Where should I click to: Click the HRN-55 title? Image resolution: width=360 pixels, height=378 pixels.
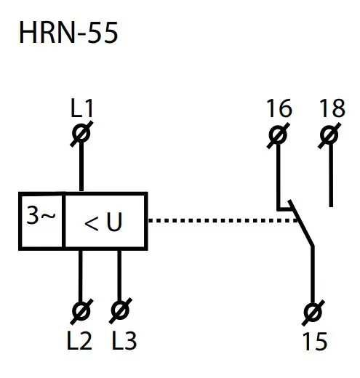pos(68,33)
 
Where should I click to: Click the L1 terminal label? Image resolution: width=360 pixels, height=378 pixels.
pos(82,110)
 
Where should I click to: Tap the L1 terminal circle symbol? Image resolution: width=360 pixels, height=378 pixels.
pos(82,134)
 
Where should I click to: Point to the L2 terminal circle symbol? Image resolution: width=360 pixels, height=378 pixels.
pos(80,311)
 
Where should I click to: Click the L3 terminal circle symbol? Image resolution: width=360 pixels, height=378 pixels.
pos(119,311)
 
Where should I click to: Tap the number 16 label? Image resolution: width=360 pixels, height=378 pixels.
pos(279,110)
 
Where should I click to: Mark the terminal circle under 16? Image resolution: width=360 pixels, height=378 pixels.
pos(277,134)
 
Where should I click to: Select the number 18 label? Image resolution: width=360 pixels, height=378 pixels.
pos(332,110)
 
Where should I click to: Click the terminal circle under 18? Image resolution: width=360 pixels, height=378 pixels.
pos(331,134)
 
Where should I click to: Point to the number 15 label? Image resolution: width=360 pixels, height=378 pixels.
pos(313,339)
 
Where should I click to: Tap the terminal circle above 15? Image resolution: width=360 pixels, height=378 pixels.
pos(314,311)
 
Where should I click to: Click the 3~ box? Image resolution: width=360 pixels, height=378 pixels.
pos(41,220)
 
